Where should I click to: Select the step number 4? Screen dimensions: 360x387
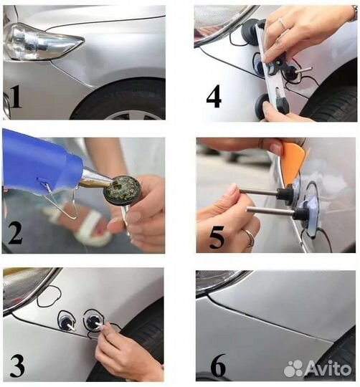click(214, 97)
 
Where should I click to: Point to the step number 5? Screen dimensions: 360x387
click(217, 237)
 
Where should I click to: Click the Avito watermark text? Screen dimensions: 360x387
click(328, 368)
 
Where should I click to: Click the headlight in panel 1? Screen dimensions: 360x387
click(42, 42)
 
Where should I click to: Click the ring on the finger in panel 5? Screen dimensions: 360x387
click(250, 237)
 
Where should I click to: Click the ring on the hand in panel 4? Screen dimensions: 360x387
click(282, 23)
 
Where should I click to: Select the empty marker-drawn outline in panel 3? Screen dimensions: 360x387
click(49, 296)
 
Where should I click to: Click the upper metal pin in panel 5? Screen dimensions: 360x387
click(259, 191)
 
